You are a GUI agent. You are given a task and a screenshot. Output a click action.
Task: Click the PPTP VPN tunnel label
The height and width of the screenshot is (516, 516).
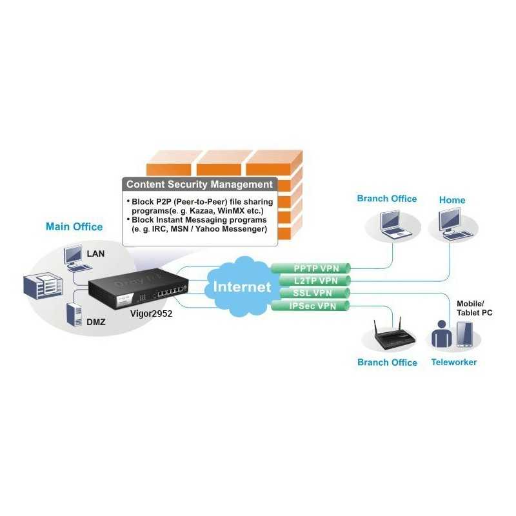point(311,267)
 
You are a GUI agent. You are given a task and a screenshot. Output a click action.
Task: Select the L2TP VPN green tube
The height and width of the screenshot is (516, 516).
point(311,280)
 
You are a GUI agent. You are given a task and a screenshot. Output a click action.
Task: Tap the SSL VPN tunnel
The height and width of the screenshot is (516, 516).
point(311,293)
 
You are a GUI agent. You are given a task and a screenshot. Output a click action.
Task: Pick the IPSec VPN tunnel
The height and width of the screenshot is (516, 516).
point(311,306)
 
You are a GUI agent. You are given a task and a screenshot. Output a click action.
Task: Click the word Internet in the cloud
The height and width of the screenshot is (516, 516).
point(243,287)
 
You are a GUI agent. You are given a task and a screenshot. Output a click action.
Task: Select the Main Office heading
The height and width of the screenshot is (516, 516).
point(74,226)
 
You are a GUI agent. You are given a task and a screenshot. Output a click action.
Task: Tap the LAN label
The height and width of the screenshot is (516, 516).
point(95,253)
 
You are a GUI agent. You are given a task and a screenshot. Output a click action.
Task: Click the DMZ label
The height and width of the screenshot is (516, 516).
point(96,317)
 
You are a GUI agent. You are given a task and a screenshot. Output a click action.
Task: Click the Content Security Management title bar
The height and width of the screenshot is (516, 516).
point(199,184)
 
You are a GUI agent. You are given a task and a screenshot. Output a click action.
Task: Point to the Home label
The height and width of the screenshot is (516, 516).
point(452,200)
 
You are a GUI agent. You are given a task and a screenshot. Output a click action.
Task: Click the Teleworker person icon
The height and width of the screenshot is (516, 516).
point(442,335)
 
